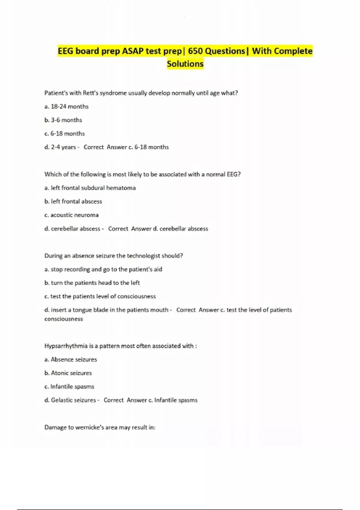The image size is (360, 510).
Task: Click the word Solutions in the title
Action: coord(185,64)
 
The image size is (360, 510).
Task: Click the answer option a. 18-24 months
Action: coord(66,106)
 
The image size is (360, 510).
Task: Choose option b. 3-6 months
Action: coord(63,120)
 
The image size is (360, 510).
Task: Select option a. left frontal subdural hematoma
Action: coord(90,188)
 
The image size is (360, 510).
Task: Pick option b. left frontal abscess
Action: coord(73,201)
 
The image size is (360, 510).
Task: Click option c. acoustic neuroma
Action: coord(71,215)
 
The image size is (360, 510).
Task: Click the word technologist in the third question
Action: coord(144,256)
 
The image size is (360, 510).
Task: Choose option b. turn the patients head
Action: coord(92,283)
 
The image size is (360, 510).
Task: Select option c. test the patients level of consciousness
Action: coord(100,296)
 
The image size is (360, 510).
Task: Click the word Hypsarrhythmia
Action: coord(66,346)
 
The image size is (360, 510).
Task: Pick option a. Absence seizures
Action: coord(70,359)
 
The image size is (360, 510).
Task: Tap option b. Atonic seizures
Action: coord(68,373)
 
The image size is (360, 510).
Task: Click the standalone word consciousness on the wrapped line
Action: coord(64,319)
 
